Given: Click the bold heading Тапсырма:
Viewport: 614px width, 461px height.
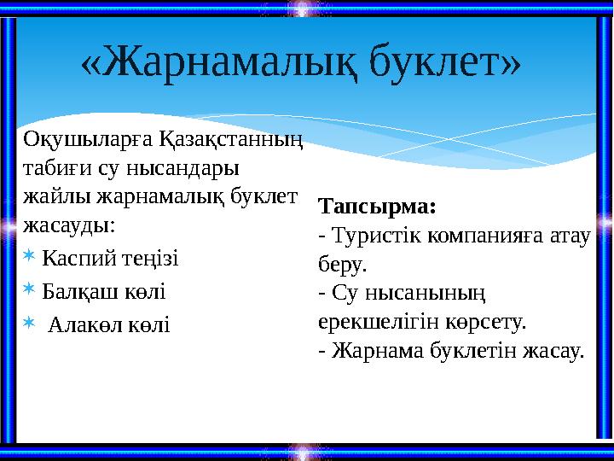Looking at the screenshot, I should pyautogui.click(x=376, y=207).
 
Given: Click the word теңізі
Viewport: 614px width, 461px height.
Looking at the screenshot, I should pyautogui.click(x=152, y=258).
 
